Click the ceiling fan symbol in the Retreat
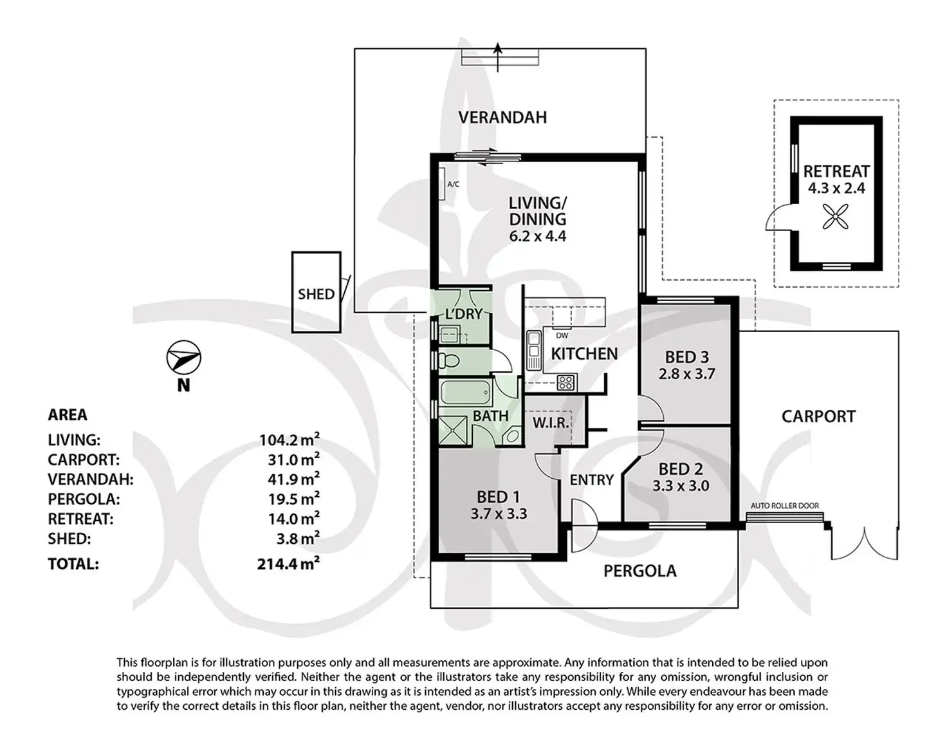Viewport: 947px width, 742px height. click(836, 216)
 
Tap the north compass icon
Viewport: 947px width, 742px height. click(184, 358)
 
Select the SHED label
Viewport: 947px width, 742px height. click(316, 294)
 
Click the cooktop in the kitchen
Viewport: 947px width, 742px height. click(565, 382)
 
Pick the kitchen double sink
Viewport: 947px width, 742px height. click(533, 350)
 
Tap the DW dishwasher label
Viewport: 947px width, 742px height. click(562, 335)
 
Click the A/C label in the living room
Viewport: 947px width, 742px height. click(453, 185)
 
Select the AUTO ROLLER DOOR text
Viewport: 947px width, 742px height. click(785, 506)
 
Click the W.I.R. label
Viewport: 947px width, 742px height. click(550, 423)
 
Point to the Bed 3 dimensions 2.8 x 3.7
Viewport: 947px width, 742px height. click(686, 374)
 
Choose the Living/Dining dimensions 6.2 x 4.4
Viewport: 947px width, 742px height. click(537, 236)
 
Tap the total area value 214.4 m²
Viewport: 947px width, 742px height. click(288, 564)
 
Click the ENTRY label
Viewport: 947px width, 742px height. click(591, 479)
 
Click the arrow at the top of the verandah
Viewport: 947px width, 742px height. click(498, 49)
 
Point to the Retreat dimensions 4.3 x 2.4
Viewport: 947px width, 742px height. click(836, 189)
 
